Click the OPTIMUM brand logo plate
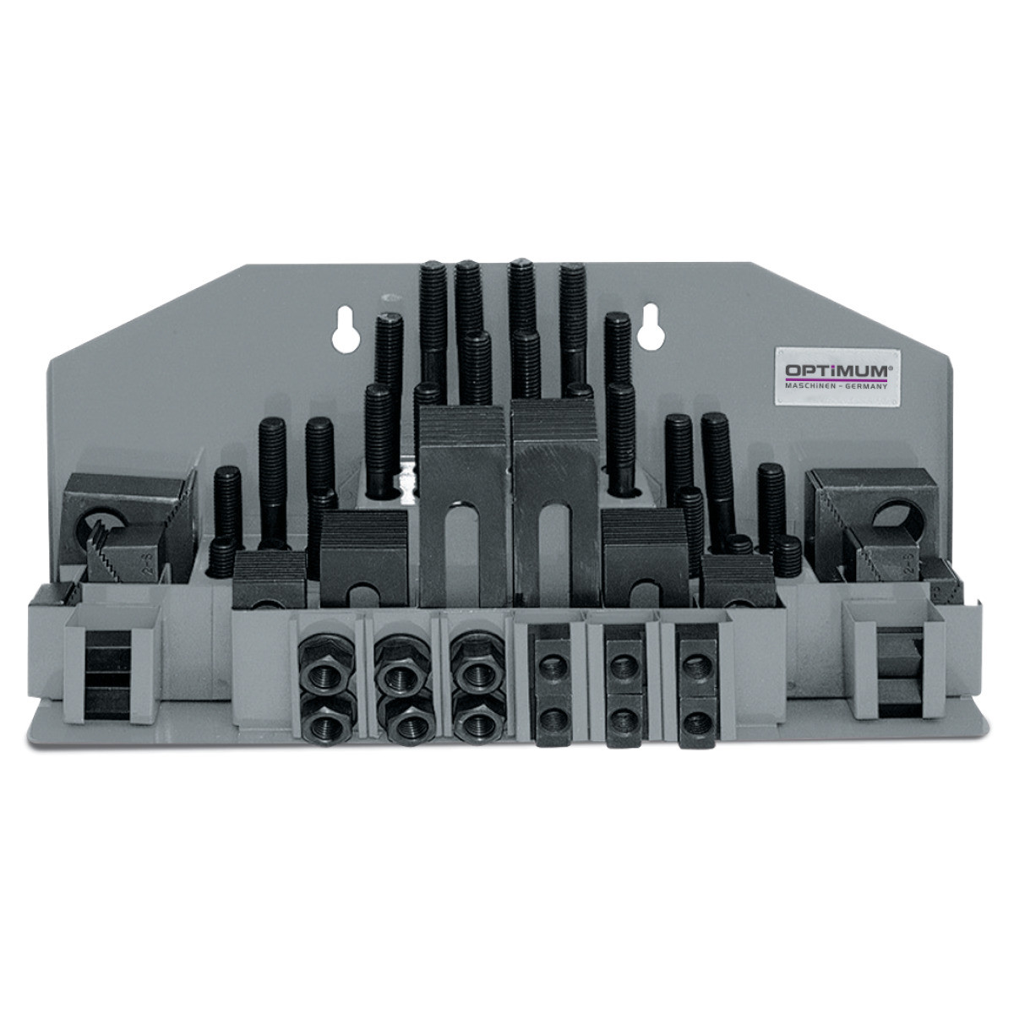click(x=837, y=378)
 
